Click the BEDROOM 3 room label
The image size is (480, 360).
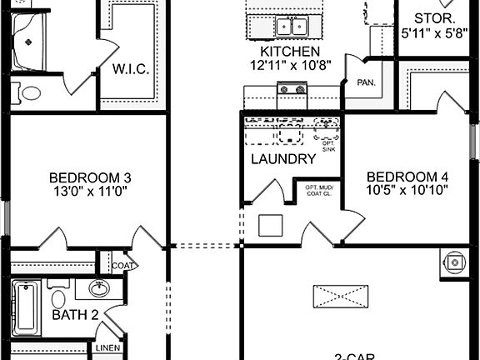tap(90, 177)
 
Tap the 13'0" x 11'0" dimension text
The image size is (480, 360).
tap(90, 190)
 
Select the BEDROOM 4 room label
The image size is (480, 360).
tap(407, 177)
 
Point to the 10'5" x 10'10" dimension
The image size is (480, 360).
tap(407, 190)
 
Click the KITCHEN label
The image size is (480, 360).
tap(285, 51)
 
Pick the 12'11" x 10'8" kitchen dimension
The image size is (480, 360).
tap(285, 64)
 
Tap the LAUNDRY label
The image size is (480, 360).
tap(283, 159)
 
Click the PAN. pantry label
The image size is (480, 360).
tap(365, 83)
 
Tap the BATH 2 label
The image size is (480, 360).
tap(76, 315)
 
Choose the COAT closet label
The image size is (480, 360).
tap(124, 266)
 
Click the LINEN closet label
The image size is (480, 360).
tap(108, 348)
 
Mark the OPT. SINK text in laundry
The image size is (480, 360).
tap(328, 146)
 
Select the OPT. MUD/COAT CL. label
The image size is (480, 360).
tap(319, 191)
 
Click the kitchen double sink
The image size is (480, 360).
tap(291, 26)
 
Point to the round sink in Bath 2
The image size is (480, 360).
tap(97, 289)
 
